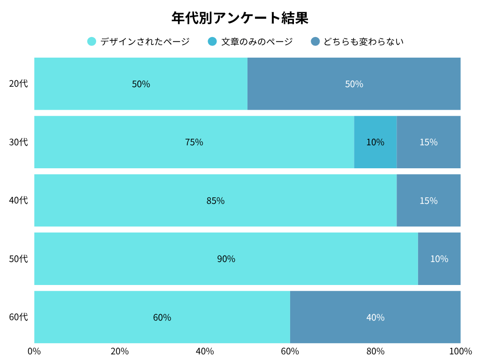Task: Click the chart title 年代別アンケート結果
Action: click(240, 18)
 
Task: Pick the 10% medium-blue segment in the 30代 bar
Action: click(375, 142)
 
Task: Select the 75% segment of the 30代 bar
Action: click(194, 142)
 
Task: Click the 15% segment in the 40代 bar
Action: click(428, 201)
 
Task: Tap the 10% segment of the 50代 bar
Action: click(439, 259)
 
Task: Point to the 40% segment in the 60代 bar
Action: click(375, 317)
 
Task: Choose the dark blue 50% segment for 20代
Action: click(354, 84)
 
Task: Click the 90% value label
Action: click(226, 259)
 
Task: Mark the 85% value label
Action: click(215, 201)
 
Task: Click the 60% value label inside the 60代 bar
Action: click(162, 317)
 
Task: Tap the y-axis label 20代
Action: click(19, 84)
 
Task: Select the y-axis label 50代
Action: click(19, 259)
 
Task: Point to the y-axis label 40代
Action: click(19, 201)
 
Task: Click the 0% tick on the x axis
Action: click(34, 352)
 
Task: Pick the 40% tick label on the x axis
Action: click(205, 352)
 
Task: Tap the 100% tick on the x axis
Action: click(460, 352)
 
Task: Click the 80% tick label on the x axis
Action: click(375, 352)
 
